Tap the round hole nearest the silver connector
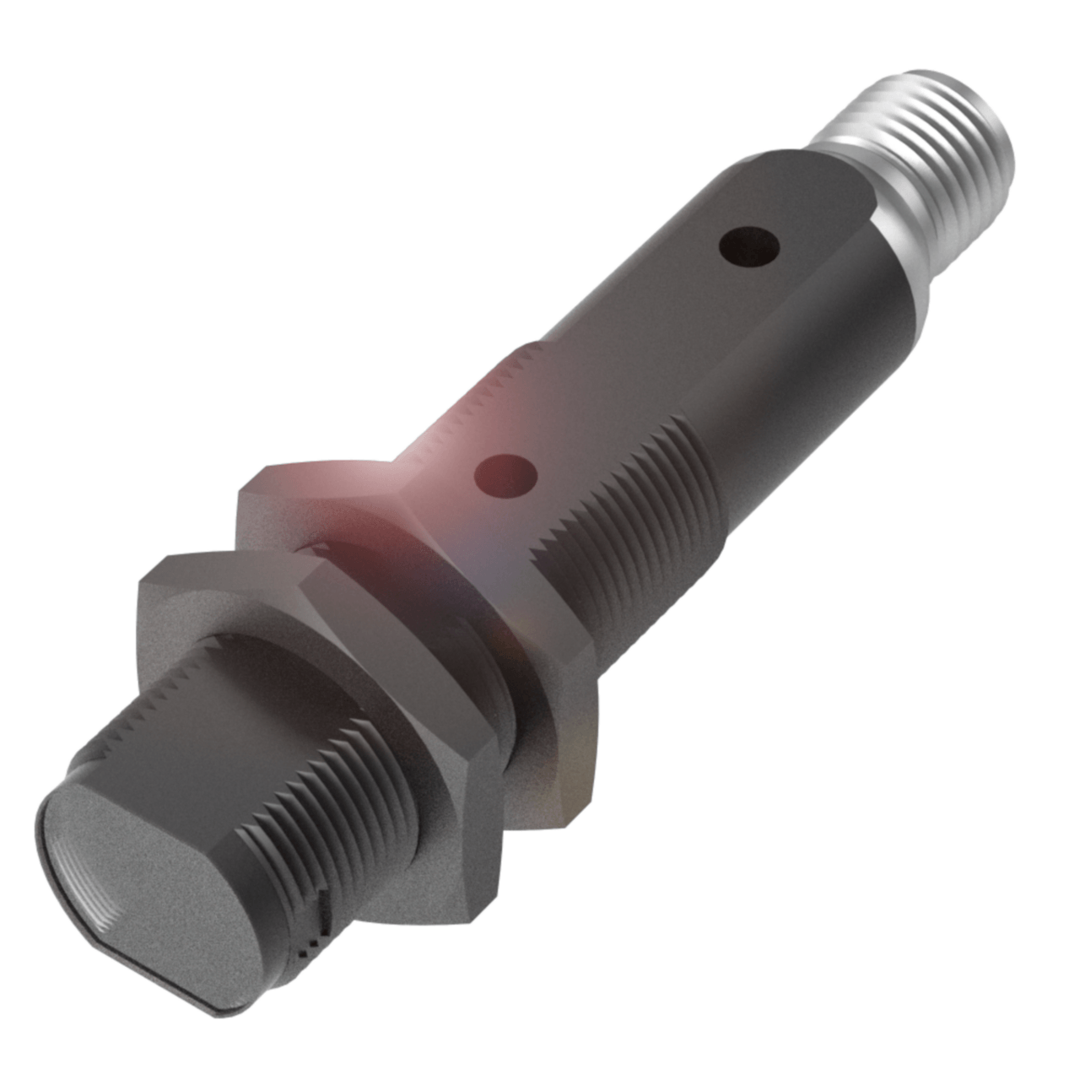[749, 246]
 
